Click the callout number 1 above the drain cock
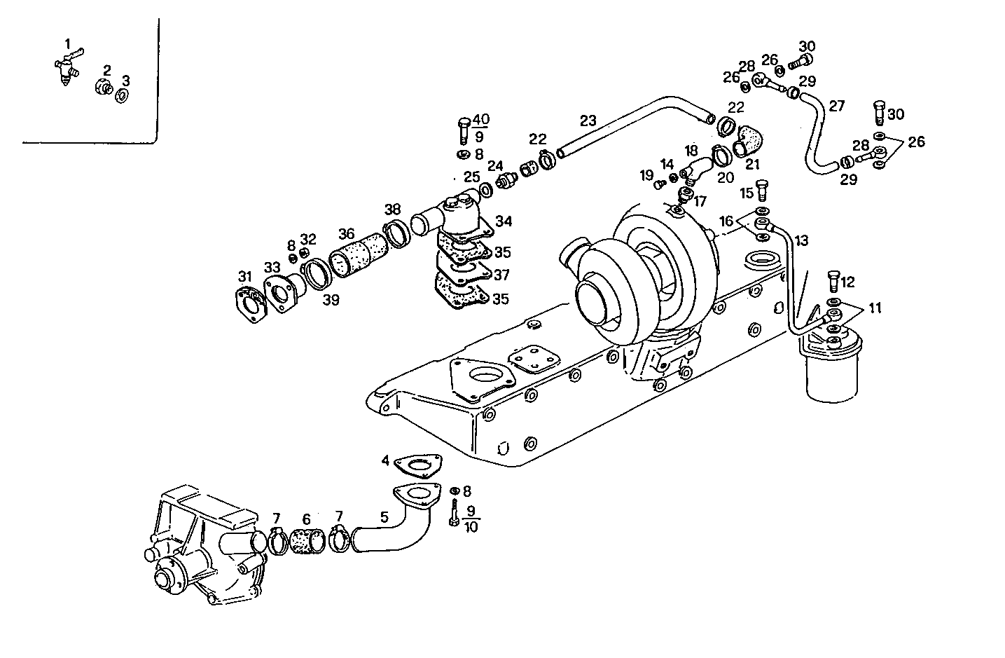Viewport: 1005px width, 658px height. [68, 44]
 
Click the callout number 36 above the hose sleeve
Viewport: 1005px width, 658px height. [346, 234]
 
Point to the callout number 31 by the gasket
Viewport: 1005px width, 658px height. [244, 275]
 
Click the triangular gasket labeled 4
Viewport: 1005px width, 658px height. [418, 464]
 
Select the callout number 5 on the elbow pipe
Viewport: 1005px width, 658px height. [384, 518]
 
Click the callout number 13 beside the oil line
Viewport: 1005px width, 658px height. [801, 240]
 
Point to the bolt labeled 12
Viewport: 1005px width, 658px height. [833, 282]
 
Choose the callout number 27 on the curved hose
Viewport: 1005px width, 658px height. [836, 106]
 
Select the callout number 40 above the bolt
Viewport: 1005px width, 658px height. [481, 119]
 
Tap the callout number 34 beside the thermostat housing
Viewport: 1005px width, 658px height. [503, 221]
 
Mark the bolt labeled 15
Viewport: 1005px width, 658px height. [763, 191]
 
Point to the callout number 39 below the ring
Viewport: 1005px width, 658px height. [331, 300]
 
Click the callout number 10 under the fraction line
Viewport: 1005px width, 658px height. [471, 527]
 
